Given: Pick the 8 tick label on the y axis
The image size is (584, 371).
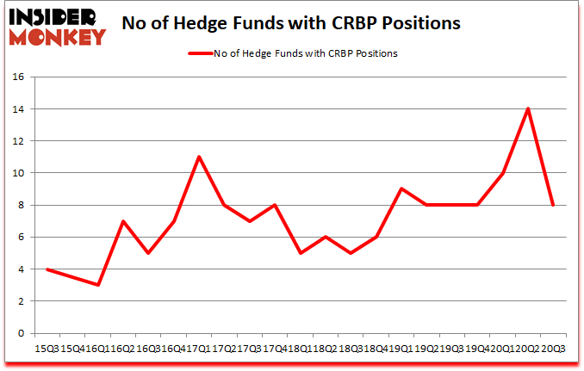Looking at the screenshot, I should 19,206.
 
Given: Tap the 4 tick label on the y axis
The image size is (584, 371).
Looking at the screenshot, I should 19,269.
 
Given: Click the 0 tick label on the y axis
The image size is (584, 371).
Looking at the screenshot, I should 19,334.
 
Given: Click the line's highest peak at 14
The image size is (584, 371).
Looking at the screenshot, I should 526,108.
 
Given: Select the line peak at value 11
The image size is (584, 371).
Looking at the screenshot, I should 198,157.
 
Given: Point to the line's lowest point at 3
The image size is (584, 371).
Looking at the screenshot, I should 97,285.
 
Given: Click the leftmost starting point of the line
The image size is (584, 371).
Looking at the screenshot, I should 47,269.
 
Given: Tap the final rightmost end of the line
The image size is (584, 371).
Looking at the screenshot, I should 552,205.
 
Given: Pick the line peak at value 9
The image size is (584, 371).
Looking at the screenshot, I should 401,189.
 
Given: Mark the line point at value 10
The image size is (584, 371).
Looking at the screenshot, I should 501,173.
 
